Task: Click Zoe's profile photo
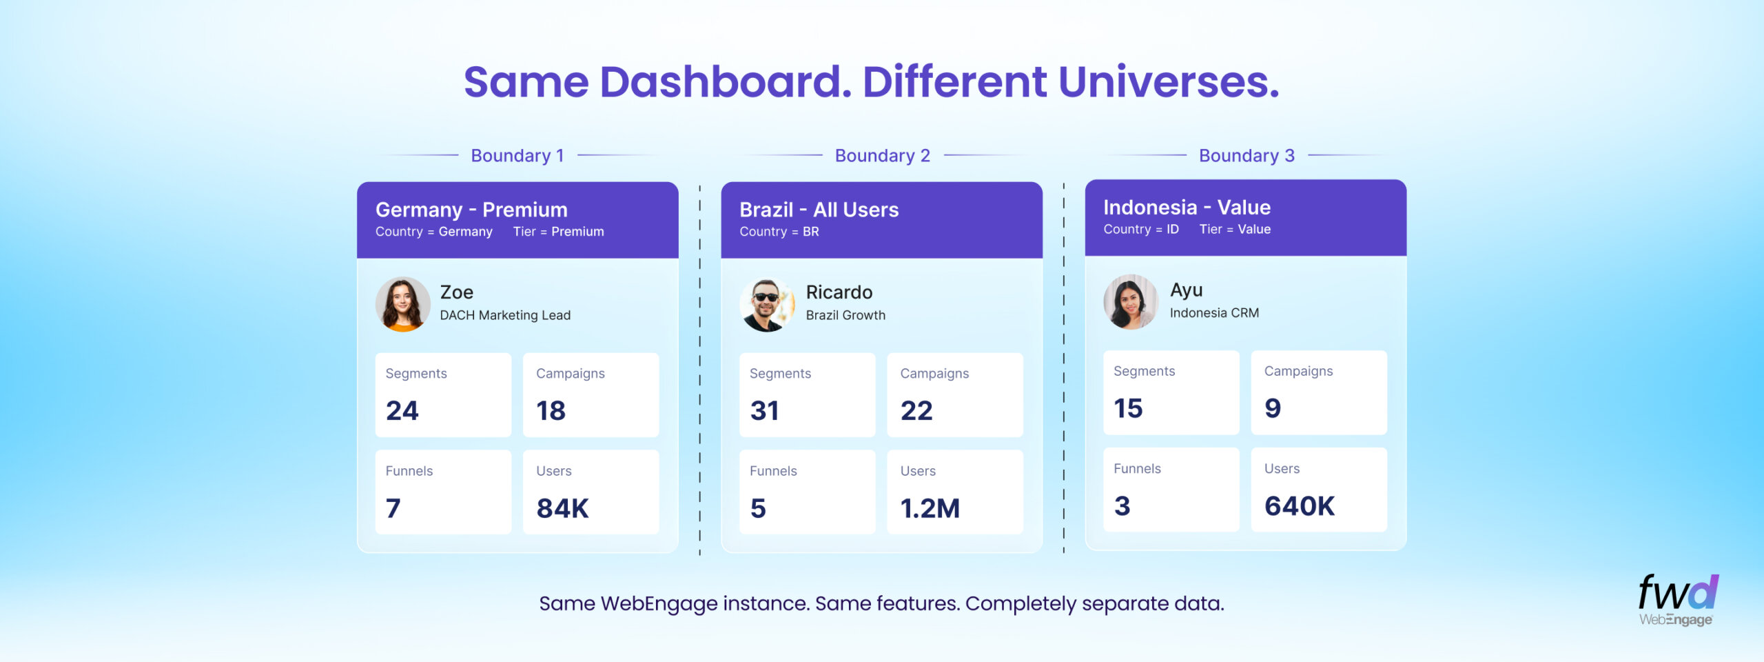[x=402, y=304]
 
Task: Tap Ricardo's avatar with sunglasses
[x=767, y=304]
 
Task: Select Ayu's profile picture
[x=1131, y=302]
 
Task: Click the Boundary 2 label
[x=882, y=156]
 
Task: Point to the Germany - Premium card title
[x=471, y=210]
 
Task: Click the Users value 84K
[x=562, y=508]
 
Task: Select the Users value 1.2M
[x=930, y=508]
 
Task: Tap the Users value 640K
[x=1299, y=506]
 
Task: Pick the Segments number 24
[x=402, y=411]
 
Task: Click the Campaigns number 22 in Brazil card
[x=916, y=411]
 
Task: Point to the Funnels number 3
[x=1122, y=506]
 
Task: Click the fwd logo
[x=1678, y=592]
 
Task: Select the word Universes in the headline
[x=1168, y=82]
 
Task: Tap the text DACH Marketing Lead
[x=505, y=315]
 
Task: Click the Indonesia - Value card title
[x=1187, y=208]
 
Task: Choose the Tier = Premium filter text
[x=558, y=232]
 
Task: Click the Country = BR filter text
[x=779, y=232]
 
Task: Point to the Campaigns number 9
[x=1272, y=408]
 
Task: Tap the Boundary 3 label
[x=1247, y=156]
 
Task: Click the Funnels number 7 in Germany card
[x=393, y=508]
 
